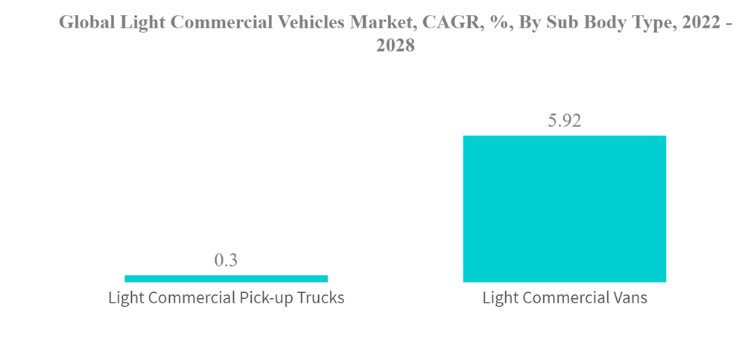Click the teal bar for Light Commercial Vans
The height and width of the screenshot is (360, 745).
[564, 209]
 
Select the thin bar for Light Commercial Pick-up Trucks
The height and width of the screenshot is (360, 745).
[226, 279]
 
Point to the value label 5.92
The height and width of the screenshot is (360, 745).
[564, 121]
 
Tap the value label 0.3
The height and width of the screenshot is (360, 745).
[226, 260]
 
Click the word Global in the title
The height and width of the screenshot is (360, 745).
[83, 22]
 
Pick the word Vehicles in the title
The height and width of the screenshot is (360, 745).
[312, 22]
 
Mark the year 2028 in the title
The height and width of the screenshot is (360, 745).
[395, 45]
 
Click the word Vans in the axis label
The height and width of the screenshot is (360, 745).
[630, 299]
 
